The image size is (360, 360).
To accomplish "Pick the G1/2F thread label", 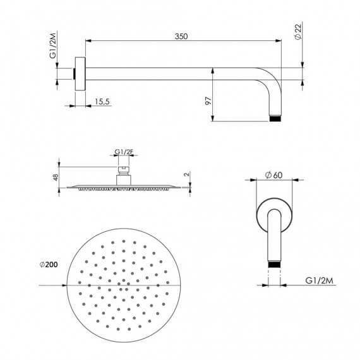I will tap(124, 152).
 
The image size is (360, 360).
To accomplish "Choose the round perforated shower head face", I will tap(124, 285).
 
